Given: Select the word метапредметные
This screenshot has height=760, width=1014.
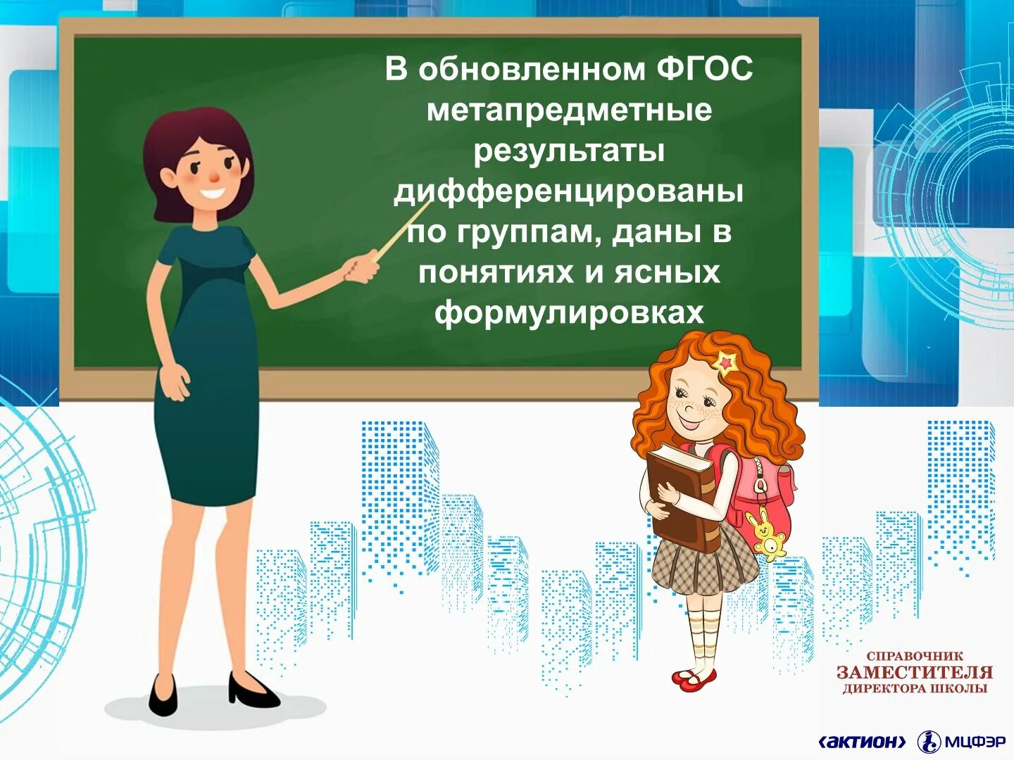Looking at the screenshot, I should pos(569,110).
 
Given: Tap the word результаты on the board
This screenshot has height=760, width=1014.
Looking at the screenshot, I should pos(569,151).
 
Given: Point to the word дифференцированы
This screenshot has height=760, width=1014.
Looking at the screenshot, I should pos(569,191).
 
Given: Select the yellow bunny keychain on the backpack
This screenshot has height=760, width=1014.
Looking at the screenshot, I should pos(766,535).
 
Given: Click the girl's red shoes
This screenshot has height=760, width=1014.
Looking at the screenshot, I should pos(694,678).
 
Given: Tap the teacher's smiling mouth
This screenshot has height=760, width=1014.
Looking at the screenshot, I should pos(212,193).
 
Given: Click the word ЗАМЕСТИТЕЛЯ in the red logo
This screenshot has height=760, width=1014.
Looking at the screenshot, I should pos(915,672).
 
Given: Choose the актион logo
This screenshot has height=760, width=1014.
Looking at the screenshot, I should pos(863,741).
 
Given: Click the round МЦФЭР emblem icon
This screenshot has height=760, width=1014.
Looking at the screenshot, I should pos(929,741).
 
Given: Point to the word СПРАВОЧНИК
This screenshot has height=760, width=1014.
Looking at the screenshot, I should pos(915,656).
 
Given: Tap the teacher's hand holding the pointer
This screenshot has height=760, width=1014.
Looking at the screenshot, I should pos(363,267).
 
